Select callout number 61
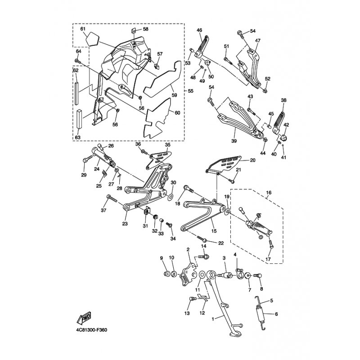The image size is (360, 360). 83,29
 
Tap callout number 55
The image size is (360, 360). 191,91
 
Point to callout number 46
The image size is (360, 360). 199,30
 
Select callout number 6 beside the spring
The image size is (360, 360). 276,315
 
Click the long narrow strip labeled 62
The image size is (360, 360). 77,92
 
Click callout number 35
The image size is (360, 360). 167,145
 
